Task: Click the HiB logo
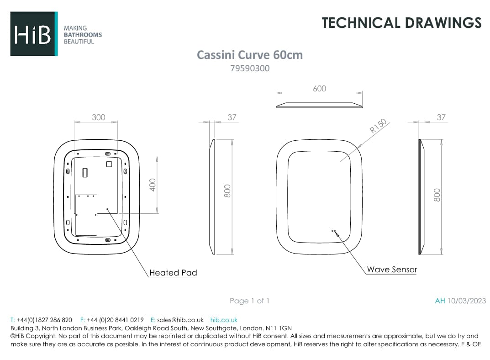pos(33,34)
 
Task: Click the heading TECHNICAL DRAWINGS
pos(401,23)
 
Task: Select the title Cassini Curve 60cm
pos(249,55)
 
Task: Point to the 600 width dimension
pos(319,89)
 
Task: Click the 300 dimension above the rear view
pos(98,117)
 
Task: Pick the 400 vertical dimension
pos(153,185)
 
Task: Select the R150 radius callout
pos(378,126)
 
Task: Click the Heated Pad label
pos(173,273)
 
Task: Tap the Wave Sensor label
pos(392,269)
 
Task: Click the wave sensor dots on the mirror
pos(334,231)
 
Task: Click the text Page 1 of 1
pos(249,301)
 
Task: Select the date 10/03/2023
pos(467,301)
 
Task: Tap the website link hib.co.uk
pos(224,320)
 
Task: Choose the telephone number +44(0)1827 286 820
pos(44,320)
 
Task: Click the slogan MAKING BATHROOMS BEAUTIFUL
pos(82,35)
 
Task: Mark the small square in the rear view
pos(109,164)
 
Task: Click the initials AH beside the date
pos(440,301)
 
